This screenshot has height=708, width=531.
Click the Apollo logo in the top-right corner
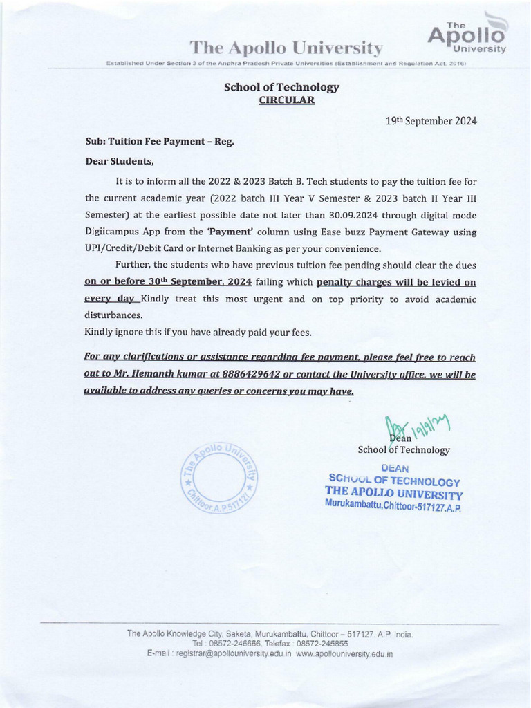[x=468, y=35]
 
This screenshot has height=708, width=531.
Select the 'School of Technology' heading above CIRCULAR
[x=281, y=87]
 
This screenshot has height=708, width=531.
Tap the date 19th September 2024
[x=431, y=120]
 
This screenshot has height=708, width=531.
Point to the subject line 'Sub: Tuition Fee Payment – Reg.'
[x=159, y=141]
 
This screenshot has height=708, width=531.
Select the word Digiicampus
[x=111, y=231]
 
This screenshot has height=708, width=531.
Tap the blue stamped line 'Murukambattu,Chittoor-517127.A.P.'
[x=392, y=507]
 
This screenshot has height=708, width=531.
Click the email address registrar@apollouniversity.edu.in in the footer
[x=233, y=653]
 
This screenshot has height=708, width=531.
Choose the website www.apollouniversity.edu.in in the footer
[x=344, y=653]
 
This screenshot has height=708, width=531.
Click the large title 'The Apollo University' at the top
[x=286, y=48]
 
